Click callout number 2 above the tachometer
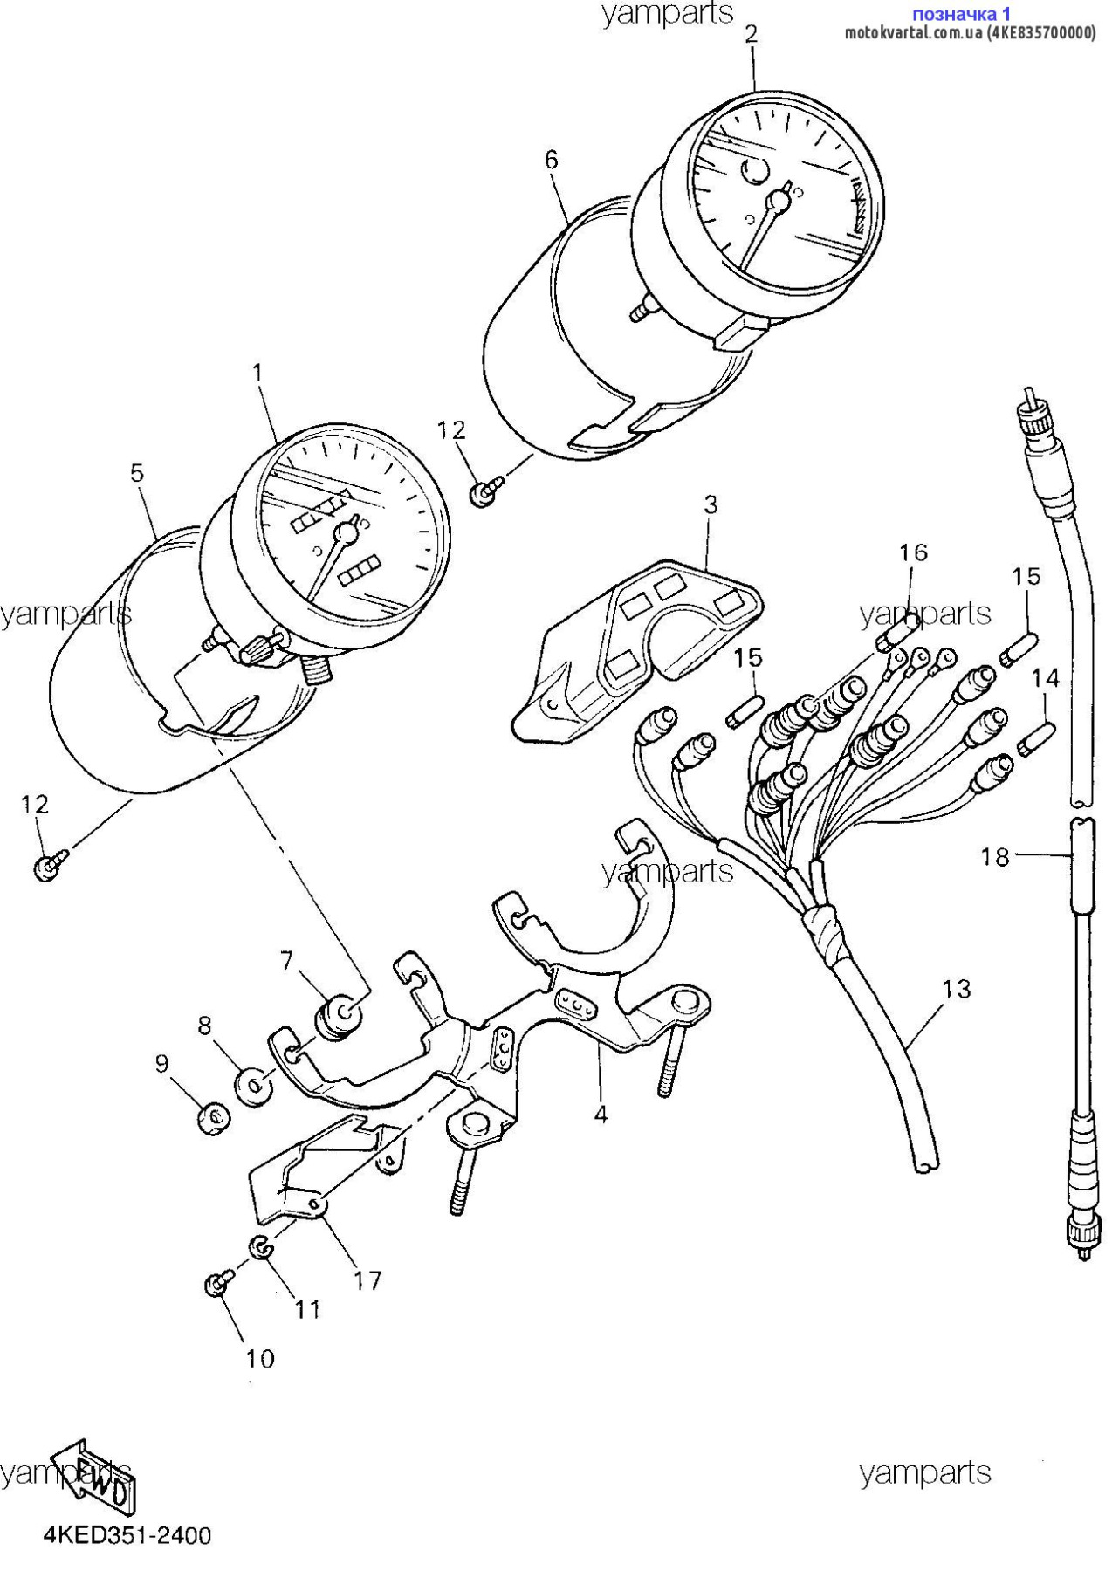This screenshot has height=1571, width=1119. coord(751,34)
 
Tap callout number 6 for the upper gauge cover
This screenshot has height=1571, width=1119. coord(551,160)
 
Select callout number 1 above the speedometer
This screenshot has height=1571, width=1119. coord(257,374)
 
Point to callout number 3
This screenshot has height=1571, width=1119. coord(711,504)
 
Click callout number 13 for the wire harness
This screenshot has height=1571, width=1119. coord(957,989)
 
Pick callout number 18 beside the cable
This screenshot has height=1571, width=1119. coord(995,857)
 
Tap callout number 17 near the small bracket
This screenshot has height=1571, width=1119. coord(367,1280)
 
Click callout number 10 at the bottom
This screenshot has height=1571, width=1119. coord(260,1358)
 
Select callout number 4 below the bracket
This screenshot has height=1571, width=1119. coord(601,1114)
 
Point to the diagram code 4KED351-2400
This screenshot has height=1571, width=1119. coord(127,1535)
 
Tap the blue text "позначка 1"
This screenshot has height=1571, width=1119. coord(961,14)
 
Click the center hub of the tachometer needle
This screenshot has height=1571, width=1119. coord(777,202)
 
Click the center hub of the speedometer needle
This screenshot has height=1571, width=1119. coord(347,532)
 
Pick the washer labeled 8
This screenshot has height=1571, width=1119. coord(254,1087)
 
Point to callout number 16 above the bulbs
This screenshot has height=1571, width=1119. coord(913,552)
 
